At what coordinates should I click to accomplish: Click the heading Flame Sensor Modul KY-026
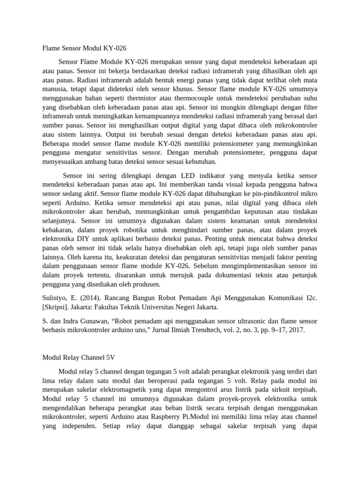tap(84, 48)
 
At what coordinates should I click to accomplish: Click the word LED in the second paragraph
tap(188, 176)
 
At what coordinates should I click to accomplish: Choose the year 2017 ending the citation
tap(296, 330)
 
